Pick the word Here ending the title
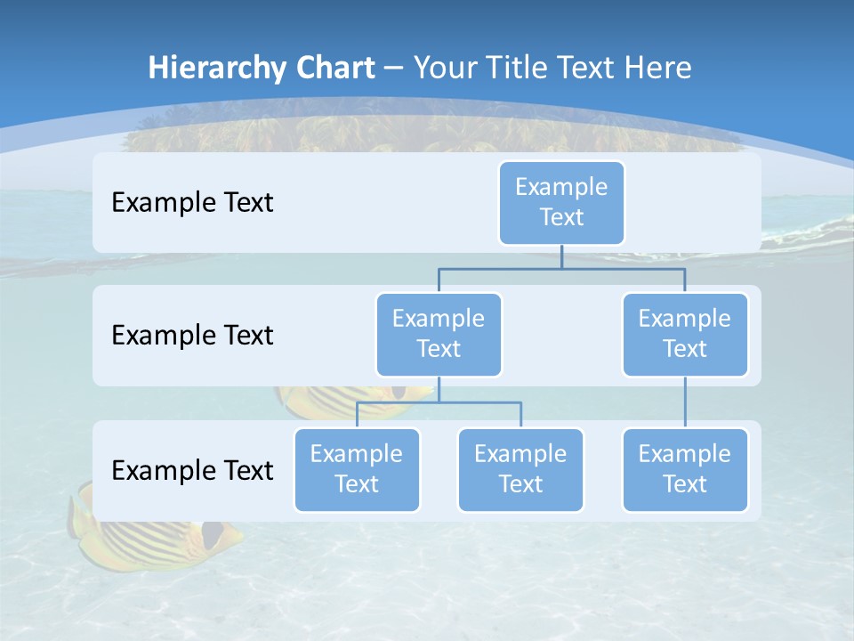(x=657, y=69)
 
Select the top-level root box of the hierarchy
(x=561, y=203)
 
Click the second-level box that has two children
(x=439, y=335)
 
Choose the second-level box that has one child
(x=685, y=335)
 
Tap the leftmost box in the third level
(x=357, y=470)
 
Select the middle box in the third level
(x=520, y=470)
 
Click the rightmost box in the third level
(x=685, y=470)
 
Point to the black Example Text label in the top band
(x=192, y=203)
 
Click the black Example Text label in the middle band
(x=192, y=336)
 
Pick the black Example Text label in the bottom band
(x=192, y=471)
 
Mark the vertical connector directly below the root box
(x=561, y=256)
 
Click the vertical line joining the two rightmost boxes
(x=685, y=402)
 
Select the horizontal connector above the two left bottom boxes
(x=439, y=402)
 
